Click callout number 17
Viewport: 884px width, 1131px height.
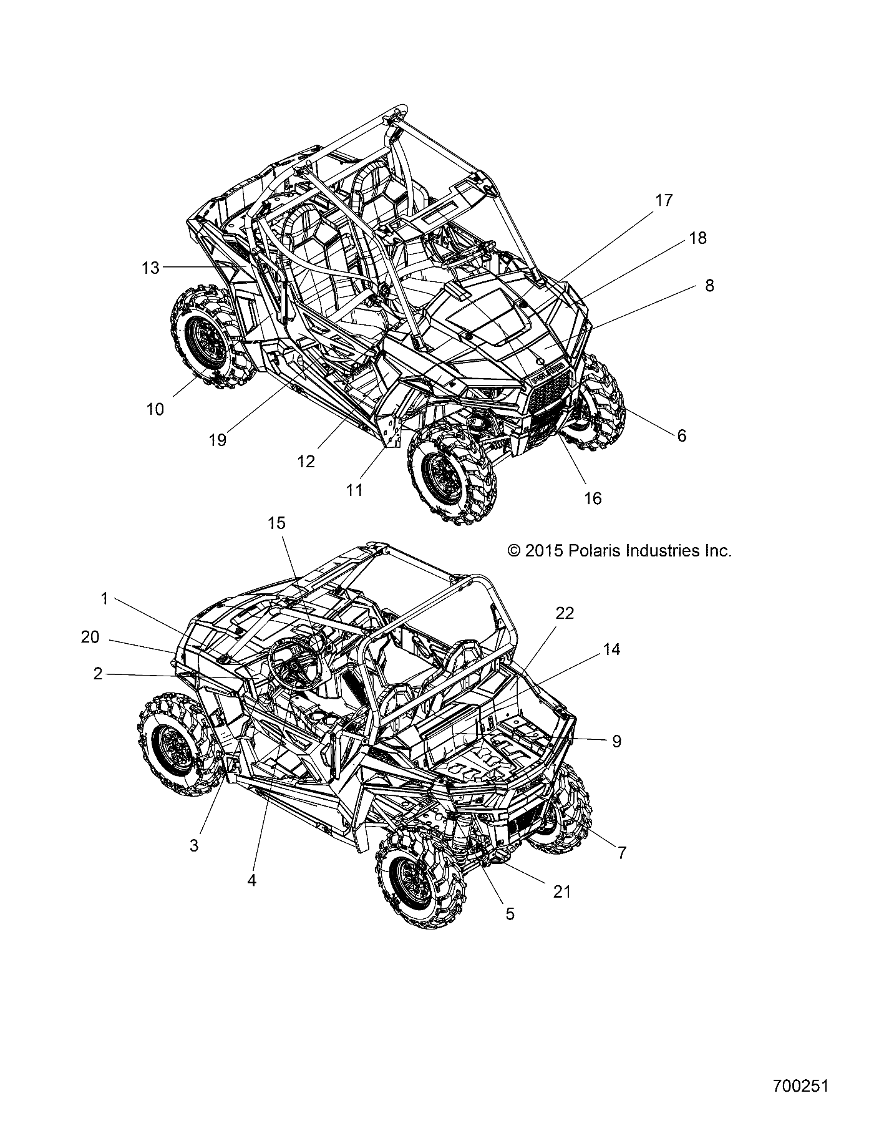[x=664, y=200]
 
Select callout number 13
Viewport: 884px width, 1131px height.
[x=150, y=268]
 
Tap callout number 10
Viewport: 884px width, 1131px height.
[x=155, y=409]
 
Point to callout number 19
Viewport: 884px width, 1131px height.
[x=217, y=440]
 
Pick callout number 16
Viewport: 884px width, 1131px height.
[x=593, y=498]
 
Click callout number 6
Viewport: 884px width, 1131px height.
[x=681, y=435]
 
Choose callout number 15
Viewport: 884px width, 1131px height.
[x=276, y=523]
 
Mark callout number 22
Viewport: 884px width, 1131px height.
[x=565, y=613]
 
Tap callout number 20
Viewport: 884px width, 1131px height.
[x=90, y=637]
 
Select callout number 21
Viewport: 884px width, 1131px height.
[x=562, y=891]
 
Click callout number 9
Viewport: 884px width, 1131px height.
[x=616, y=741]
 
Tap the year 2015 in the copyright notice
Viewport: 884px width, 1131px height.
[x=545, y=551]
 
